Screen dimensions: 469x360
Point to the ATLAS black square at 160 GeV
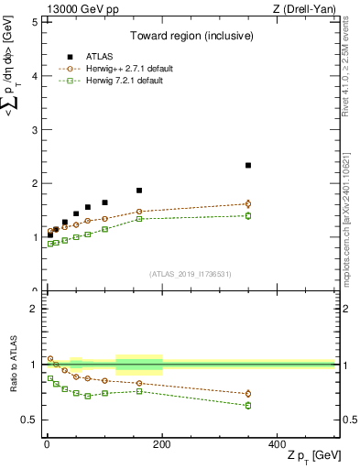(x=139, y=191)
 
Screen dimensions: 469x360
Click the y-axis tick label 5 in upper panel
(x=34, y=22)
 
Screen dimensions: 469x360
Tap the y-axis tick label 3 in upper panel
(x=34, y=130)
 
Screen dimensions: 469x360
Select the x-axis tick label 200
(x=162, y=444)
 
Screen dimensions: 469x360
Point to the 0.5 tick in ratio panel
(x=29, y=420)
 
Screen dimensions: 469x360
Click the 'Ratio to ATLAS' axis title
(x=13, y=365)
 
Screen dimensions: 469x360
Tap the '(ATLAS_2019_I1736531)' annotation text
(x=189, y=274)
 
